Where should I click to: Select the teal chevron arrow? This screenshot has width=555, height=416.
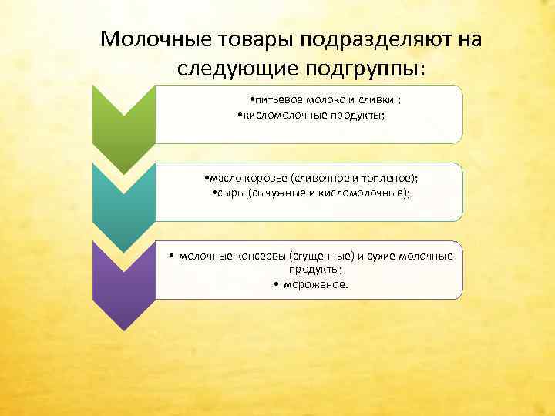pos(123,204)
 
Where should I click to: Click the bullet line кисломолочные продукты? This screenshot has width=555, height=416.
pos(312,115)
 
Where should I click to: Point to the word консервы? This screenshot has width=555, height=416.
pos(255,256)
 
